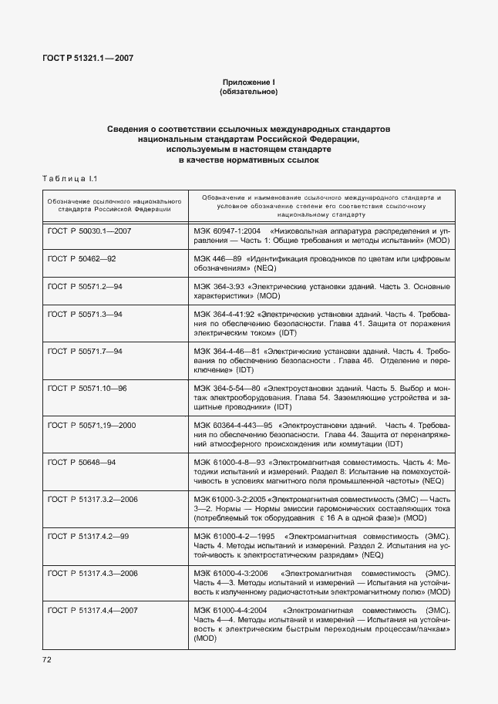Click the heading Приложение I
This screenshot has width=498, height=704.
248,82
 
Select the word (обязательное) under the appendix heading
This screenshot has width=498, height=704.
248,92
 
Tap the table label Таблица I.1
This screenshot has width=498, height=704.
69,179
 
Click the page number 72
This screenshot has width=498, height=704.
47,660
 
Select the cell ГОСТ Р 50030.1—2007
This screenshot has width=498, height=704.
89,231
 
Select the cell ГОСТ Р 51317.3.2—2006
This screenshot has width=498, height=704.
93,499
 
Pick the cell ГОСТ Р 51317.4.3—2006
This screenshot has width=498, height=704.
93,573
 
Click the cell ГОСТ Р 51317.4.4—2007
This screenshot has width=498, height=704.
93,610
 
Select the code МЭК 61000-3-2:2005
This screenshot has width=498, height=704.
230,499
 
